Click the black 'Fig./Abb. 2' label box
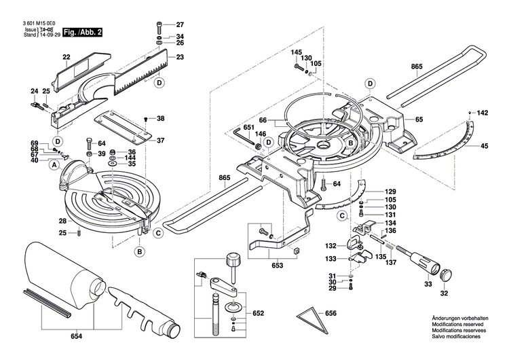point(82,31)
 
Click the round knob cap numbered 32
point(447,274)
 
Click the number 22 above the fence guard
point(67,57)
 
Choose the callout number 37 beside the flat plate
point(160,141)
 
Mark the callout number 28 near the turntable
point(62,221)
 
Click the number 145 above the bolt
point(296,52)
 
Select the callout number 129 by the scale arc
point(390,192)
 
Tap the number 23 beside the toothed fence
point(180,58)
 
